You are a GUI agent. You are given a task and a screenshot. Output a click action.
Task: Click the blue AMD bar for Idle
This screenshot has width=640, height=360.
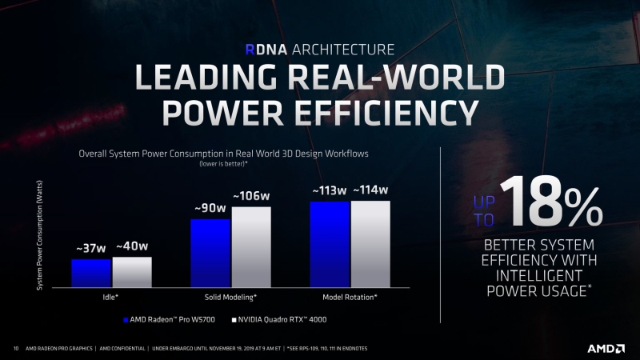[x=91, y=273]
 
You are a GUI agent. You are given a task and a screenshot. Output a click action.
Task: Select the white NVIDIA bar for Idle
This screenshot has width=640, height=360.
[x=132, y=272]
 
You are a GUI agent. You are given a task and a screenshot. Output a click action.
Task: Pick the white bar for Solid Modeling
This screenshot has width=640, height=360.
[x=251, y=246]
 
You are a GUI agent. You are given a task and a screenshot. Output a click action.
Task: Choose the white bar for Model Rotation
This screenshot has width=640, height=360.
[x=370, y=243]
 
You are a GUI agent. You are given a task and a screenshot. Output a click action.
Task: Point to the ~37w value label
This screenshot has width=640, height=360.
[x=91, y=249]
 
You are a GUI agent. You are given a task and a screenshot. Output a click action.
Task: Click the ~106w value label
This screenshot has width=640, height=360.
[x=251, y=197]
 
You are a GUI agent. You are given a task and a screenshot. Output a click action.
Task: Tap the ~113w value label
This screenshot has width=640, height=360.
[x=329, y=190]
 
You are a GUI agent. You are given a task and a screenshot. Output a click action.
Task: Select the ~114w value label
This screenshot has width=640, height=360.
[x=370, y=190]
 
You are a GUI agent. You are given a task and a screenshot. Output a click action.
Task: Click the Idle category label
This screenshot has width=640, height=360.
[x=111, y=297]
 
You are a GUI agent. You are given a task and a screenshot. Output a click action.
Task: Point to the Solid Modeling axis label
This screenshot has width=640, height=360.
[x=230, y=297]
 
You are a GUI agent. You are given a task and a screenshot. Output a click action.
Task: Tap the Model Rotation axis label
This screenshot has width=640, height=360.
[x=350, y=297]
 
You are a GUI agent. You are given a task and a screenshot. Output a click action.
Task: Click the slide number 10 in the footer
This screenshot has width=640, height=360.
[x=16, y=349]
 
